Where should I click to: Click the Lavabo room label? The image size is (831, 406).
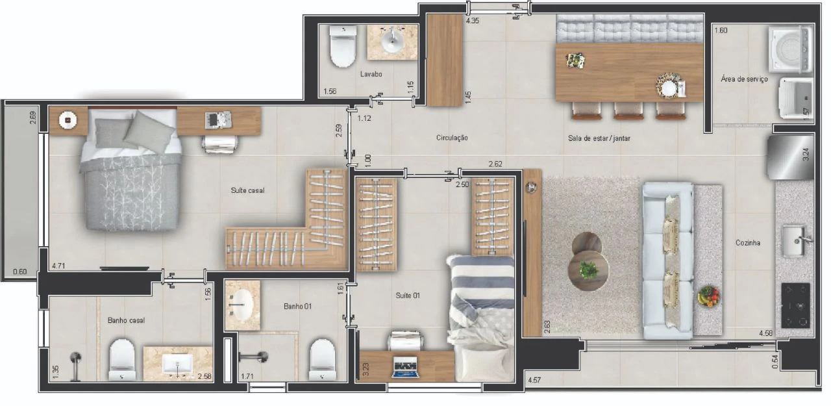[x=371, y=74]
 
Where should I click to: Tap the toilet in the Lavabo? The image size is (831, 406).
[x=343, y=46]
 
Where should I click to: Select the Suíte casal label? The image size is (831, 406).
[x=247, y=190]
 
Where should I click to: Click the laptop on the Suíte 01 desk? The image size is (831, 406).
[x=406, y=367]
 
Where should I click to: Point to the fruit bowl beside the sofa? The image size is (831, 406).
[x=708, y=296]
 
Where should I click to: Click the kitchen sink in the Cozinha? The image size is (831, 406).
[x=794, y=241]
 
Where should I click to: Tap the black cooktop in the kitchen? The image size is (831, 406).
[x=795, y=305]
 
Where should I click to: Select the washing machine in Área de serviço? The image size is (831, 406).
[x=791, y=49]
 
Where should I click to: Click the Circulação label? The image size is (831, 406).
[x=451, y=138]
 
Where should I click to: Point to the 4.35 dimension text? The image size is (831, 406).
[x=472, y=21]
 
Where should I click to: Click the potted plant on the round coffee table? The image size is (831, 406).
[x=588, y=270]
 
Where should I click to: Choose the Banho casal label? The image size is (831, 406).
[x=126, y=320]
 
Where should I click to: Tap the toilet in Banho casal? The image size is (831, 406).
[x=121, y=360]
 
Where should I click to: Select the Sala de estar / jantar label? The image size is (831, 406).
[x=599, y=138]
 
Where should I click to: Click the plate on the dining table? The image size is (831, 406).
[x=669, y=88]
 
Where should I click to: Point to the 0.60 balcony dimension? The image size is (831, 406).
[x=19, y=272]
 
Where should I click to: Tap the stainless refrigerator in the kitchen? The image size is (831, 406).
[x=790, y=158]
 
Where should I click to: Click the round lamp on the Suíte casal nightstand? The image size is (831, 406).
[x=68, y=120]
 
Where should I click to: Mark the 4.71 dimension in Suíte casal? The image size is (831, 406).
[x=58, y=266]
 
